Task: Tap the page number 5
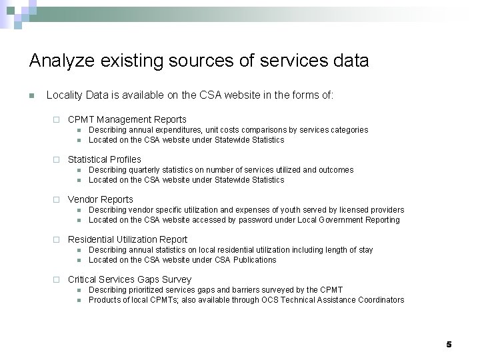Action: [x=449, y=344]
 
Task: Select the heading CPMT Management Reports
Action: [x=127, y=119]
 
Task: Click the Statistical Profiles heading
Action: [x=104, y=159]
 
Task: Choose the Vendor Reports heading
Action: [x=100, y=199]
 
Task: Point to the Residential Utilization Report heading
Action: [x=127, y=239]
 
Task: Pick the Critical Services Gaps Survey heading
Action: [x=129, y=279]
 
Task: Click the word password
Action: [x=268, y=220]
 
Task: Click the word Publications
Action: [x=256, y=260]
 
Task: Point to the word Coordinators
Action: [x=381, y=300]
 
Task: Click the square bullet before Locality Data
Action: [x=31, y=96]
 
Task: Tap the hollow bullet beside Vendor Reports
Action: [x=57, y=200]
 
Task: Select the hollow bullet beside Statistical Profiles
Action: [x=57, y=160]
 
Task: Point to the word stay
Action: [x=366, y=250]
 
